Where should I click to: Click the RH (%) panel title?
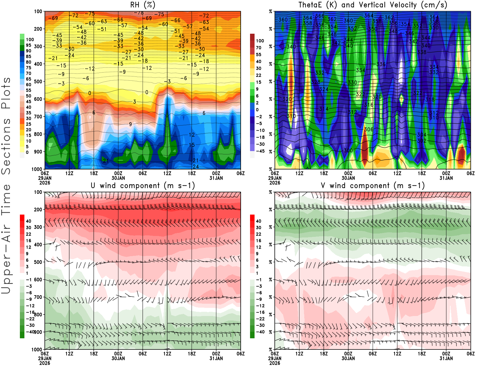pyautogui.click(x=142, y=5)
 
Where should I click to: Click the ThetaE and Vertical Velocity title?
pyautogui.click(x=373, y=5)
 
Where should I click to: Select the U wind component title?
pyautogui.click(x=143, y=185)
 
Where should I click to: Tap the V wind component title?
pyautogui.click(x=373, y=185)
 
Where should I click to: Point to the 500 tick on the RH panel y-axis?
pyautogui.click(x=38, y=82)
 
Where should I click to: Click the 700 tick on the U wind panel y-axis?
pyautogui.click(x=38, y=297)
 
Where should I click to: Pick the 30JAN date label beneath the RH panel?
pyautogui.click(x=118, y=178)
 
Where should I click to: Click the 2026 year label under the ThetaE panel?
pyautogui.click(x=275, y=183)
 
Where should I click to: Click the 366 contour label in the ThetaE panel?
pyautogui.click(x=320, y=16)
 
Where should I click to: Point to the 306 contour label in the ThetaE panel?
pyautogui.click(x=368, y=129)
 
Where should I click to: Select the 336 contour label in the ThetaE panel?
pyautogui.click(x=381, y=64)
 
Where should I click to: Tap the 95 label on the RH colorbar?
pyautogui.click(x=28, y=45)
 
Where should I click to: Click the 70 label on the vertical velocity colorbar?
pyautogui.click(x=258, y=48)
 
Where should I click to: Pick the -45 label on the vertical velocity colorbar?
pyautogui.click(x=260, y=151)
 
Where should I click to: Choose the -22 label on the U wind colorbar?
pyautogui.click(x=30, y=319)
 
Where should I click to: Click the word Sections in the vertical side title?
pyautogui.click(x=6, y=146)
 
